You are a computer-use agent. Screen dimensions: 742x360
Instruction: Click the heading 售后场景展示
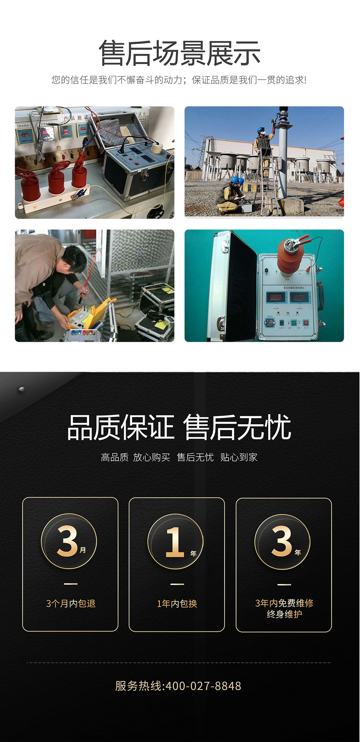180,53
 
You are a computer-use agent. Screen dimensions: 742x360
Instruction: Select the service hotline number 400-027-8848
203,686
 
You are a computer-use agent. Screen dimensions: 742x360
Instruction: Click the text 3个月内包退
71,603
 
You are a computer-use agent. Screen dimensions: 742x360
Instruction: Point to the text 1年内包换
177,604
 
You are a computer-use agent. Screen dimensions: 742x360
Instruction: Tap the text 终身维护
284,614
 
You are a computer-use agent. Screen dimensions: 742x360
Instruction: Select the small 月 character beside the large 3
83,550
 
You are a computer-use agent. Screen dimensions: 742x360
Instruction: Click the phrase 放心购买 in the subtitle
152,457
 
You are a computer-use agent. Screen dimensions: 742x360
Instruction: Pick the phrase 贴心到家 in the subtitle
239,457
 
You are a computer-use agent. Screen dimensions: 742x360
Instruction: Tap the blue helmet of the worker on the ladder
261,130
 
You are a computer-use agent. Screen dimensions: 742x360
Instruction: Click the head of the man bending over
76,258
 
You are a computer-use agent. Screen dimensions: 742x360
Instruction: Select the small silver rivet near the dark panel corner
22,389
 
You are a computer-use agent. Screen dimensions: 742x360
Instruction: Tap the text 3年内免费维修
284,603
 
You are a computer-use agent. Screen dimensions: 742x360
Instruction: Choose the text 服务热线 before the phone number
139,686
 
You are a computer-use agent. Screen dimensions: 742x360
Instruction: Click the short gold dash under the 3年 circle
284,585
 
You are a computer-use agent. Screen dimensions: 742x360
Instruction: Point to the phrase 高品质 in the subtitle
114,457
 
